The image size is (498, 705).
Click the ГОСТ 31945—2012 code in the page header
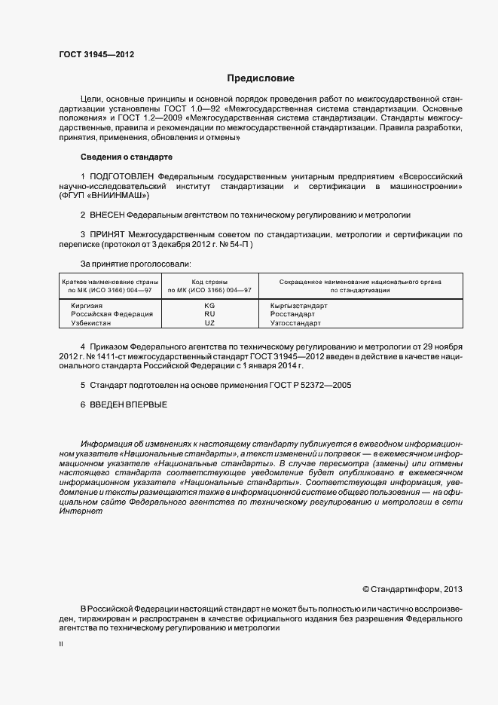(x=96, y=54)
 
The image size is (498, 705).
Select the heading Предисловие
(x=261, y=78)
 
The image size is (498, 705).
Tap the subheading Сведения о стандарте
(x=126, y=157)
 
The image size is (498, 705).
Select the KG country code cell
(x=209, y=306)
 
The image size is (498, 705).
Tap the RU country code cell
(x=209, y=314)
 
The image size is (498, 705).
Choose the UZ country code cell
(x=209, y=322)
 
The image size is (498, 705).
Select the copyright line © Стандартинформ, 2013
(x=412, y=588)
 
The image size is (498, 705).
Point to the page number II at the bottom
(x=61, y=645)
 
